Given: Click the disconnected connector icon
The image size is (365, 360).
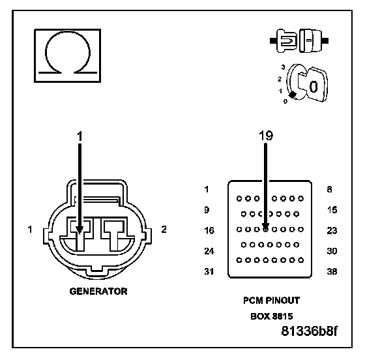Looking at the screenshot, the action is click(299, 40).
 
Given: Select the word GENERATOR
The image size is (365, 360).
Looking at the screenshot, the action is click(98, 292).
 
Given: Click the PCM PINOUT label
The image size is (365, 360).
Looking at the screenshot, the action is click(271, 301).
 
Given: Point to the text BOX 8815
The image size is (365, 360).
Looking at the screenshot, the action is click(271, 316).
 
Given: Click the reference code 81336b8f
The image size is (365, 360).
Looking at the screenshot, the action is click(309, 331).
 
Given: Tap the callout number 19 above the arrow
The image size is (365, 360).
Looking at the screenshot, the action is click(266, 136).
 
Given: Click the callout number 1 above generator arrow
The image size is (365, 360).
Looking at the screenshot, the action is click(80, 136).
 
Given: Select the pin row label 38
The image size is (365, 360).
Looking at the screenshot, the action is click(332, 271).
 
